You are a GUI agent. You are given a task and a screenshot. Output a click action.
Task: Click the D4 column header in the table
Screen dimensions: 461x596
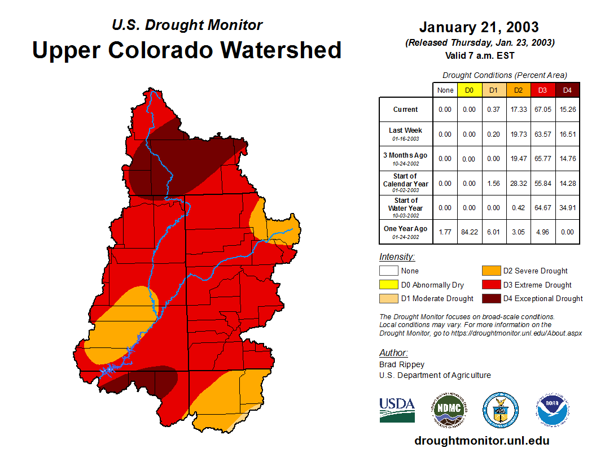coord(567,90)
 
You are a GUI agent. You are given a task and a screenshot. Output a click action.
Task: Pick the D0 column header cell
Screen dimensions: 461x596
coord(469,90)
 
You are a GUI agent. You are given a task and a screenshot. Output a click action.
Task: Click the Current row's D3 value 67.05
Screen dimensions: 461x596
coord(543,110)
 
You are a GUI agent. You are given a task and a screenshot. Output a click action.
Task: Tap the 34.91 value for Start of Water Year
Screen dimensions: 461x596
coord(567,207)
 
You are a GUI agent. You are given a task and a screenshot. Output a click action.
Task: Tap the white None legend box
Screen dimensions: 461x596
coord(388,271)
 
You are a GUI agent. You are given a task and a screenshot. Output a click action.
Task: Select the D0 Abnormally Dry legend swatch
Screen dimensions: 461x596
coord(388,285)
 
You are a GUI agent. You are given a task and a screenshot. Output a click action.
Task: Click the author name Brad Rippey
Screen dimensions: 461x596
coord(401,364)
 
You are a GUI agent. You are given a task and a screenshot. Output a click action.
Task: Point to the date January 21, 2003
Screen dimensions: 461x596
coord(479,27)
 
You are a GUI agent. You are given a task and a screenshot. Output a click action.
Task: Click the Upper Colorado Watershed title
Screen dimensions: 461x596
coord(187,50)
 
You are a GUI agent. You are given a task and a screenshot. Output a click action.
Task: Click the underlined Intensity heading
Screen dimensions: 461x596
coord(397,257)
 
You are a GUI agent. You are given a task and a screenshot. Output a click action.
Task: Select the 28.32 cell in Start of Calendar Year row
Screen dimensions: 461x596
coord(518,184)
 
